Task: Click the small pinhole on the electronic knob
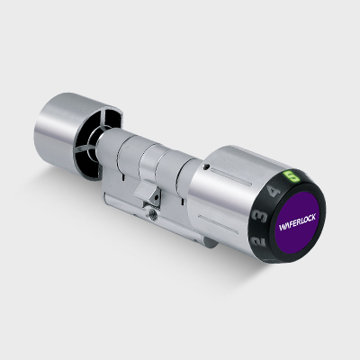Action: point(205,167)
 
